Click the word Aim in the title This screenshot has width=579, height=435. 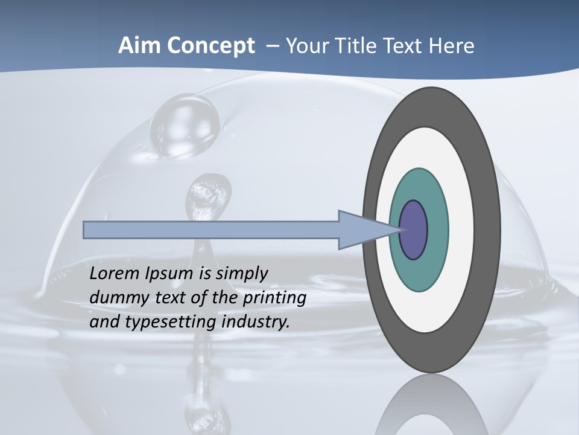point(139,46)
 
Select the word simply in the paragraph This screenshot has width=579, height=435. point(241,274)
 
